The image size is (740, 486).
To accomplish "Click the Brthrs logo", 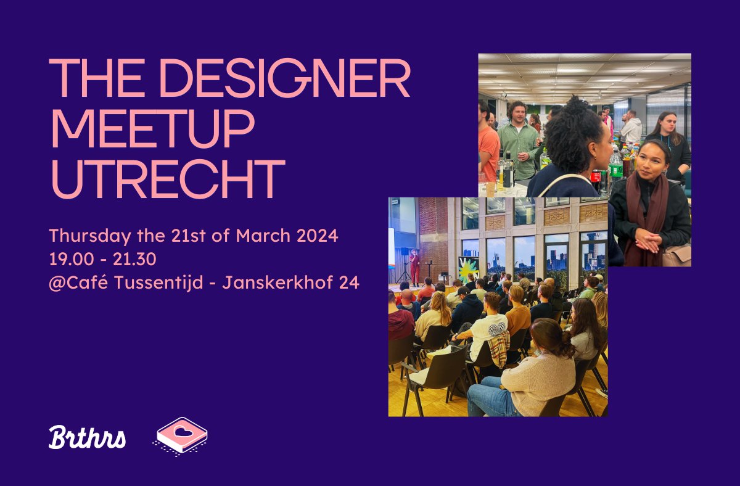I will (87, 437).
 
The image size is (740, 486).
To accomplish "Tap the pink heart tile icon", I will (181, 435).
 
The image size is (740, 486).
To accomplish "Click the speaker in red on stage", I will (415, 267).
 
